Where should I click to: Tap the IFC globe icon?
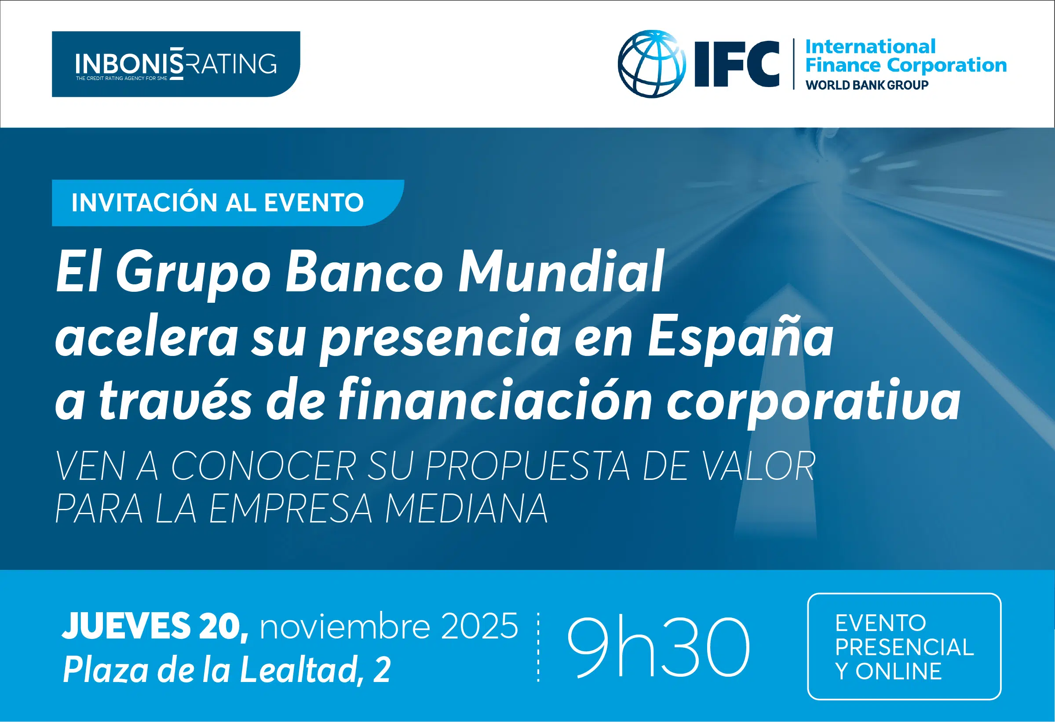[x=652, y=64]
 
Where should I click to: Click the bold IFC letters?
[x=737, y=64]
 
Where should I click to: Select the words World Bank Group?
[x=867, y=85]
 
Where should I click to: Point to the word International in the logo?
[x=870, y=47]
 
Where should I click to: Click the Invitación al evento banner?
[x=228, y=203]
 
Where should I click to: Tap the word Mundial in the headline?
[x=561, y=272]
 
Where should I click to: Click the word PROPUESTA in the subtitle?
[x=528, y=466]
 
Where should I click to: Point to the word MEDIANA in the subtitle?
[x=467, y=509]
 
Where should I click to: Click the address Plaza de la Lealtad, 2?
[x=226, y=669]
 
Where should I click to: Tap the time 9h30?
[x=659, y=647]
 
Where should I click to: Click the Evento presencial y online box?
[x=904, y=647]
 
